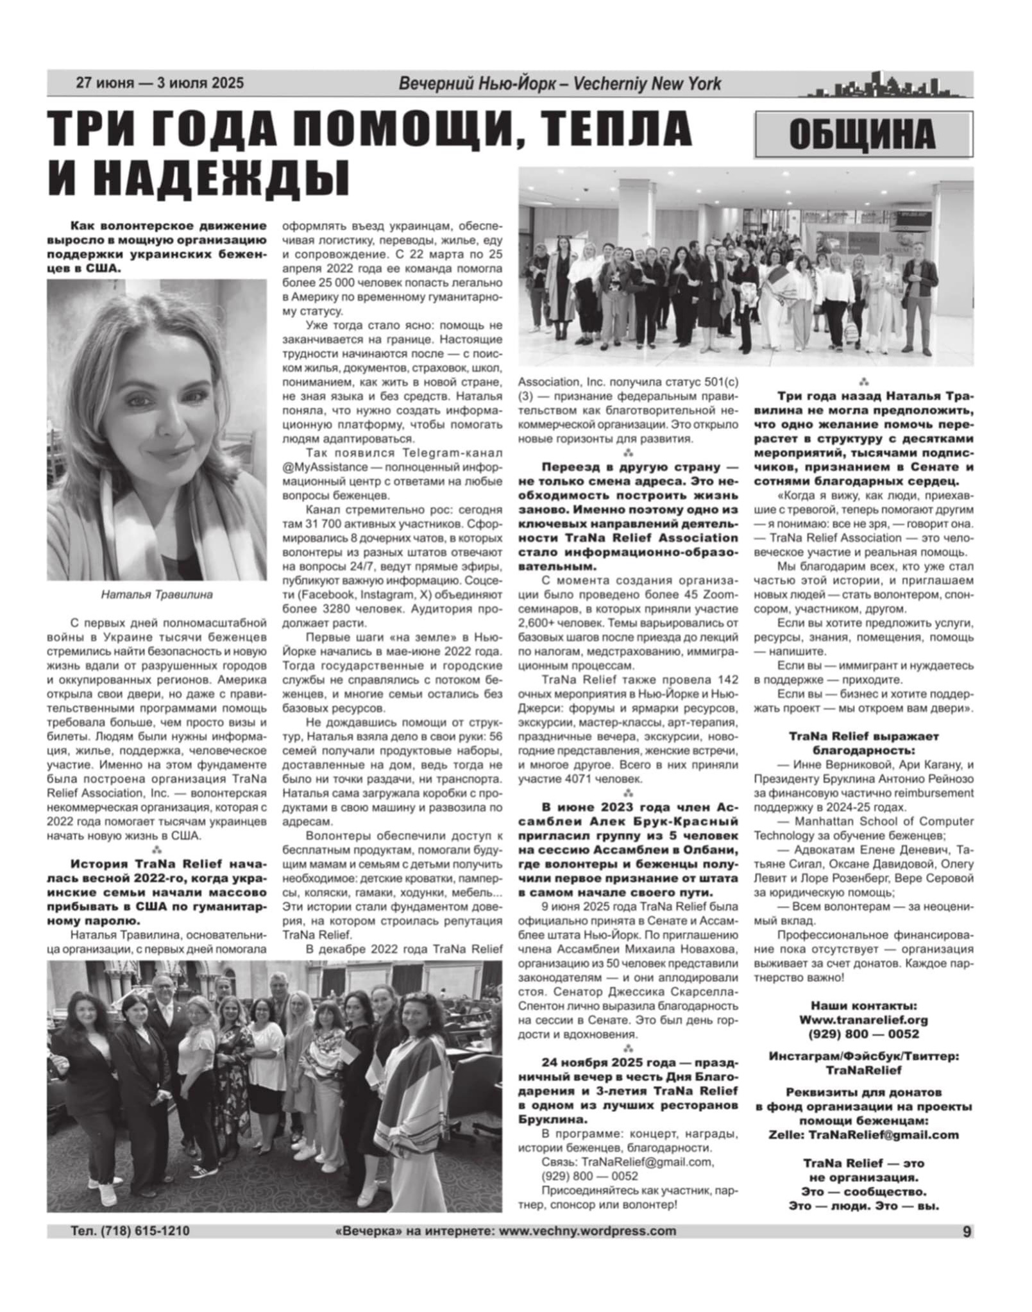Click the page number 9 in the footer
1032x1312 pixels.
click(x=966, y=1231)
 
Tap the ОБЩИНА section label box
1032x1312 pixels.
click(x=863, y=135)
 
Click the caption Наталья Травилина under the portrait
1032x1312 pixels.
click(x=156, y=594)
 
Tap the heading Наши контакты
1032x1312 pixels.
click(x=863, y=1005)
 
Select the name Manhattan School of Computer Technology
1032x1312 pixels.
click(x=863, y=828)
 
